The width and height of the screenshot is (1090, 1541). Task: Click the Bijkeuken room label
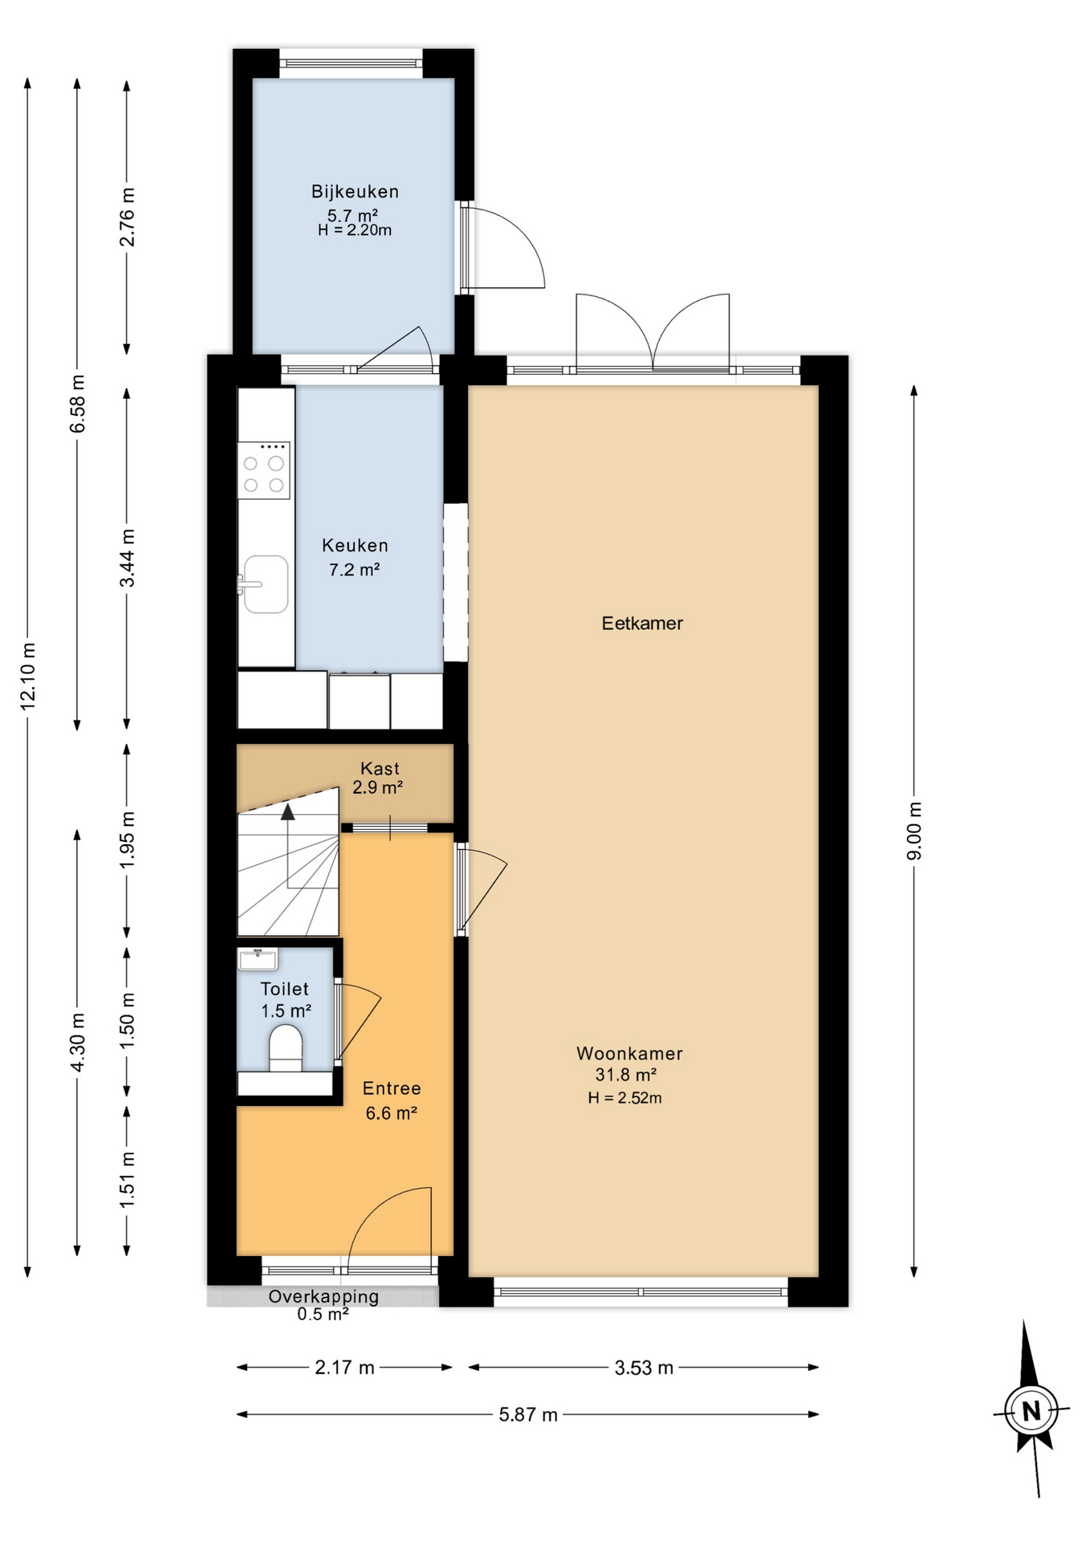(x=355, y=192)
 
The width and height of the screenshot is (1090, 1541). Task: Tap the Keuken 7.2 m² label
(x=355, y=557)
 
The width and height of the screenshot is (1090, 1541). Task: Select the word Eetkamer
(x=642, y=624)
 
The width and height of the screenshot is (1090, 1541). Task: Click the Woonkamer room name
(x=629, y=1054)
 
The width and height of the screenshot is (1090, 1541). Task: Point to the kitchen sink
(x=266, y=584)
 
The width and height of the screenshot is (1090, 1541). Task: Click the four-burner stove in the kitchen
(x=263, y=471)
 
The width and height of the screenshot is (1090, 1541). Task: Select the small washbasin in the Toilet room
(x=258, y=958)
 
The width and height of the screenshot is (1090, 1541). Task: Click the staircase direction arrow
(x=287, y=812)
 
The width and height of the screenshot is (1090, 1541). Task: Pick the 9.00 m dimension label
(x=914, y=831)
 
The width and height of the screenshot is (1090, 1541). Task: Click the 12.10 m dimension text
(x=28, y=676)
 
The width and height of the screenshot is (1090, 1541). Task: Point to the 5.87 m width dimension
(x=528, y=1415)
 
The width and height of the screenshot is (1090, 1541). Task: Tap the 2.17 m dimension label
(x=344, y=1368)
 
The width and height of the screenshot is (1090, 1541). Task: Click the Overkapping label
(x=323, y=1296)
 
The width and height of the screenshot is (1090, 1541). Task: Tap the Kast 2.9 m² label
(x=379, y=778)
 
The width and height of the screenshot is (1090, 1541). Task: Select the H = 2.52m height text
(x=624, y=1098)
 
